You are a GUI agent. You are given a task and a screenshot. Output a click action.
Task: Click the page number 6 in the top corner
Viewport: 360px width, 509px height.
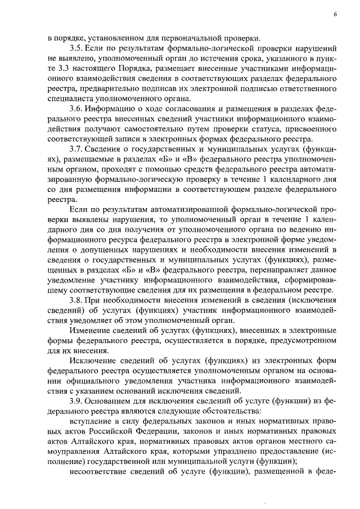(x=335, y=13)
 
